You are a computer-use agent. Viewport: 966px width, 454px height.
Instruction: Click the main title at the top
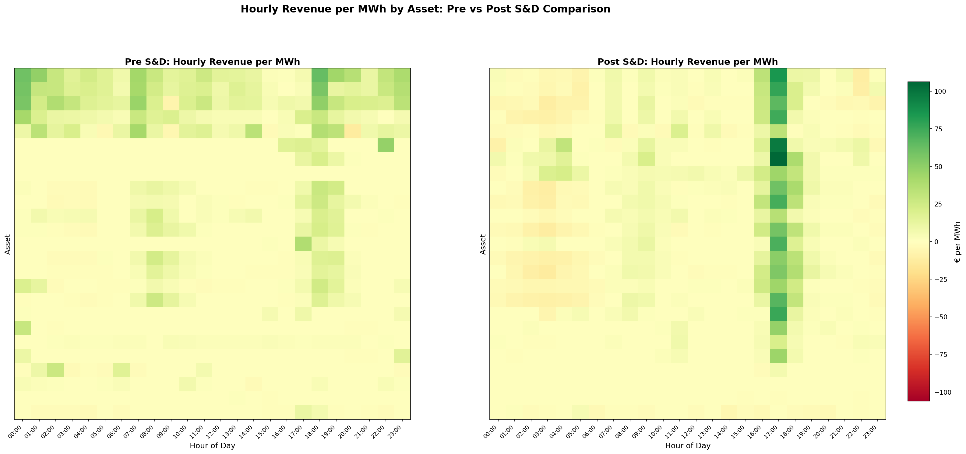pos(425,9)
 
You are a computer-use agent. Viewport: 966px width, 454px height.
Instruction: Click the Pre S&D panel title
pos(212,62)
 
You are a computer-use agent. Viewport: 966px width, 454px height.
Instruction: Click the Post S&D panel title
pos(687,62)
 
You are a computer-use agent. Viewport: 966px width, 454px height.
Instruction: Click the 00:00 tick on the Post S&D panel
pos(495,427)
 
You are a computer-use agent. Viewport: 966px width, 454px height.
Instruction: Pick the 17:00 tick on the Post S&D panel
pos(775,427)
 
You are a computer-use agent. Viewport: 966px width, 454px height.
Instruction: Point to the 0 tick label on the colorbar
pos(937,242)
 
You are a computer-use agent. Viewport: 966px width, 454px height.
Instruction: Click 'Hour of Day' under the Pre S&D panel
pos(212,446)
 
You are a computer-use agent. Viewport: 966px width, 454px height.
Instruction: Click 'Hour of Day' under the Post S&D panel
pos(687,446)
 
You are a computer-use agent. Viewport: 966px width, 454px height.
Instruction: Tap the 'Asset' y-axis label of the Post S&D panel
pos(483,244)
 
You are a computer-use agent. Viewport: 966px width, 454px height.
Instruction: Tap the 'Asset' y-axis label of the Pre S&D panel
pos(8,244)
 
